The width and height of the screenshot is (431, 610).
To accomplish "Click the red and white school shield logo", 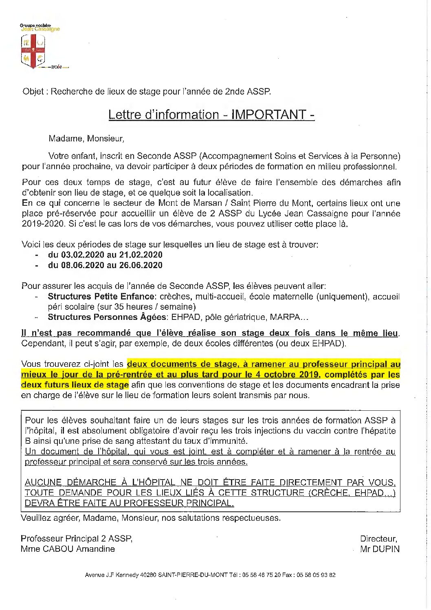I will [33, 51].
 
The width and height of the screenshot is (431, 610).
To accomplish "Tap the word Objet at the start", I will [33, 92].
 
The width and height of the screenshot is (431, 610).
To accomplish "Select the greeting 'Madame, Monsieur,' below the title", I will [86, 139].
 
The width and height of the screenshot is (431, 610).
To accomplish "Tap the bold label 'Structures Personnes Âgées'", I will [107, 317].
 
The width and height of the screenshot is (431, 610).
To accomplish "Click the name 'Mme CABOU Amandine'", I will [68, 549].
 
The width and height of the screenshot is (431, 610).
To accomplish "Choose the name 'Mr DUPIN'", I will [380, 549].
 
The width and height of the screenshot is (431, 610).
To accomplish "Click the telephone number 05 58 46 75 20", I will [261, 575].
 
